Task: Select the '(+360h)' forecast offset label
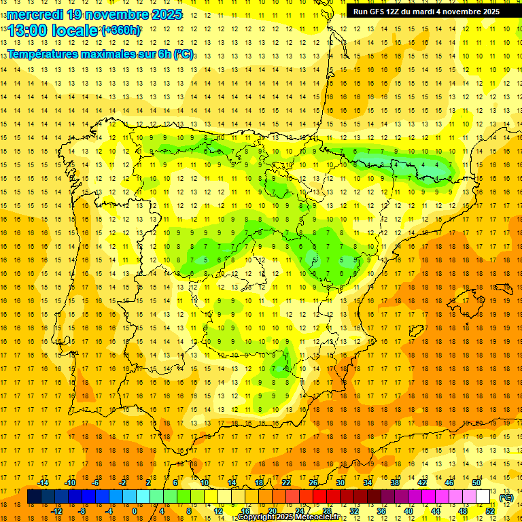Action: pos(121,31)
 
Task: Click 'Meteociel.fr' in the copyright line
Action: pos(323,517)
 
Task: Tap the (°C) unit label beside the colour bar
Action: pos(506,498)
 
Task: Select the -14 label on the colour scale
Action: pos(43,483)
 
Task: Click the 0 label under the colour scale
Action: pos(135,511)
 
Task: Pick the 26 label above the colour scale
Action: pos(313,483)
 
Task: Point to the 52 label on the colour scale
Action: pos(489,511)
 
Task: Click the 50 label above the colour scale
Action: pos(476,483)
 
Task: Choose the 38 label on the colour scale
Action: pos(395,483)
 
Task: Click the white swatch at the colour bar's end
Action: pos(483,497)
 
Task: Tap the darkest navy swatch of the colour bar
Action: pos(35,497)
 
